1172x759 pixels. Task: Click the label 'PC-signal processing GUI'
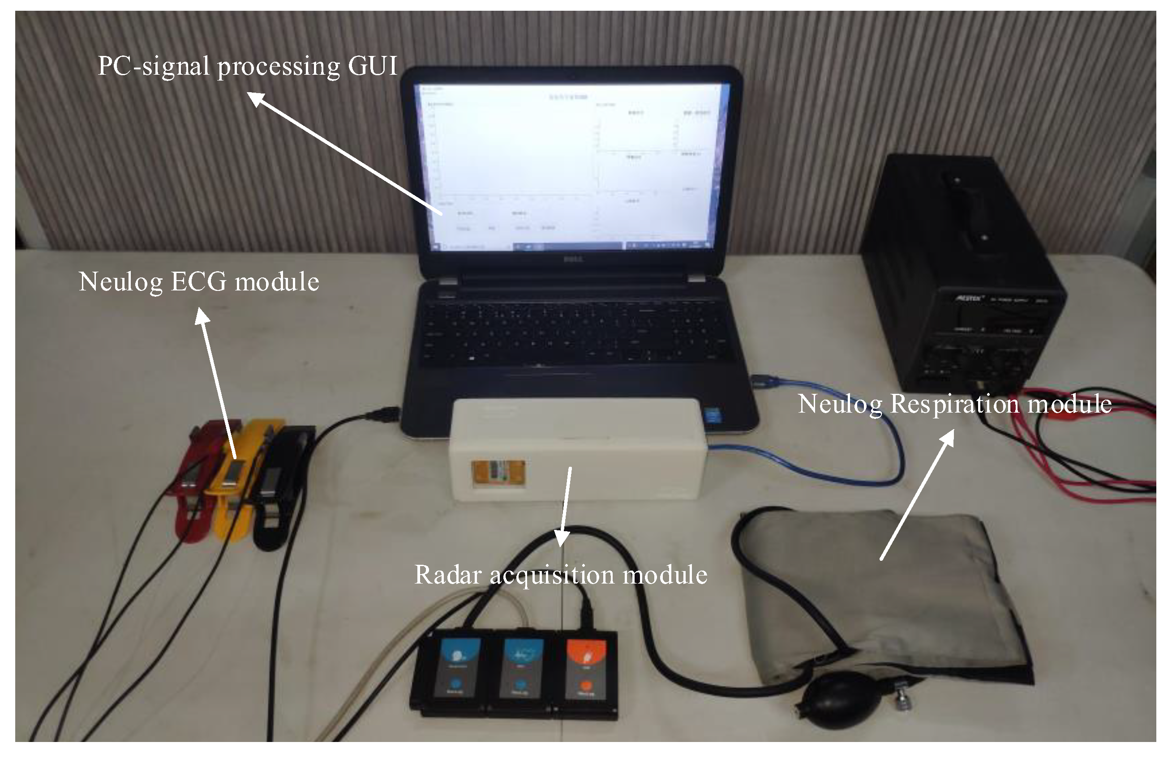(x=247, y=66)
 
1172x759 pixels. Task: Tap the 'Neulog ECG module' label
(x=199, y=282)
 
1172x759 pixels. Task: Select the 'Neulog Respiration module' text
(x=954, y=404)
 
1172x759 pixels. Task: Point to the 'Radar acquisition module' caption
(x=560, y=575)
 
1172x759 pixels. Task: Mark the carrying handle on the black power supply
(x=965, y=207)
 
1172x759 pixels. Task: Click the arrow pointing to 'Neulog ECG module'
(x=217, y=384)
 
